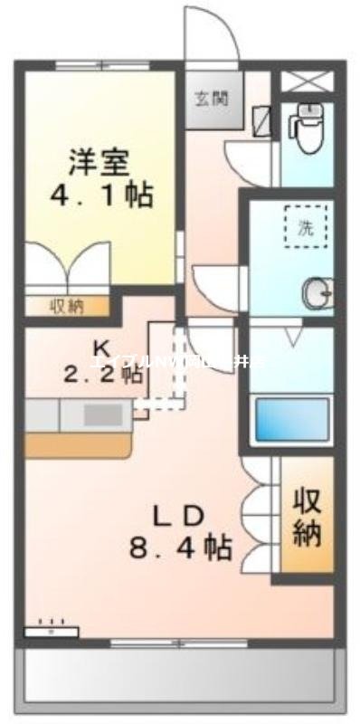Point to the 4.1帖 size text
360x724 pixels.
tap(99, 195)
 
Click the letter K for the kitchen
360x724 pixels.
tap(101, 348)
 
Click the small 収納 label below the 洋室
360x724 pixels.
tap(65, 307)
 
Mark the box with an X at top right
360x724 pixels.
tap(308, 79)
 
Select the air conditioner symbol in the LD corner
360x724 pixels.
tap(51, 628)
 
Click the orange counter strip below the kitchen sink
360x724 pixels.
tap(79, 443)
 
